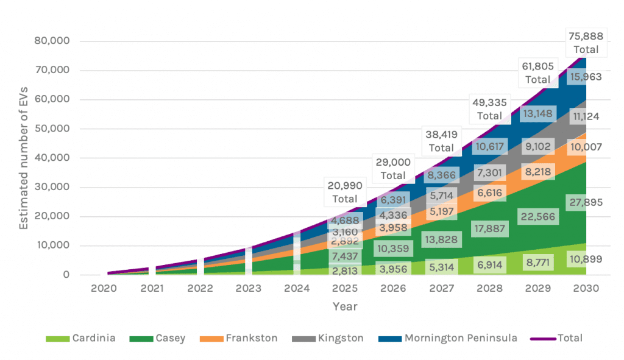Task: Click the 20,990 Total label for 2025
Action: click(345, 192)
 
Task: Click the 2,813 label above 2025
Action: click(345, 270)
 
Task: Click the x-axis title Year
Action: click(345, 306)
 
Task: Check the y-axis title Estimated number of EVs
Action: click(24, 158)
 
